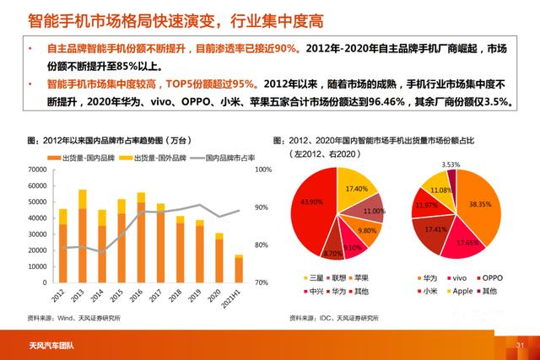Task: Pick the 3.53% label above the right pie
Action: point(451,164)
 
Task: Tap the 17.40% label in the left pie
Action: point(356,188)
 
